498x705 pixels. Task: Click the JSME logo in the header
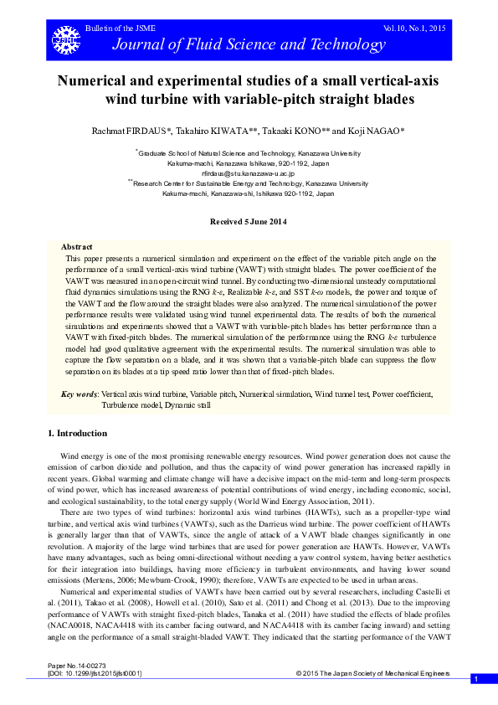coord(62,39)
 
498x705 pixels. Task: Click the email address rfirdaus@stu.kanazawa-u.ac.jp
coord(249,172)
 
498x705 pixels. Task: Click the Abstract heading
coord(77,247)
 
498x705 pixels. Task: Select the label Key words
coord(80,393)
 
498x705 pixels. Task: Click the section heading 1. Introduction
coord(76,433)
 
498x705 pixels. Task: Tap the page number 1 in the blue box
coord(475,678)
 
